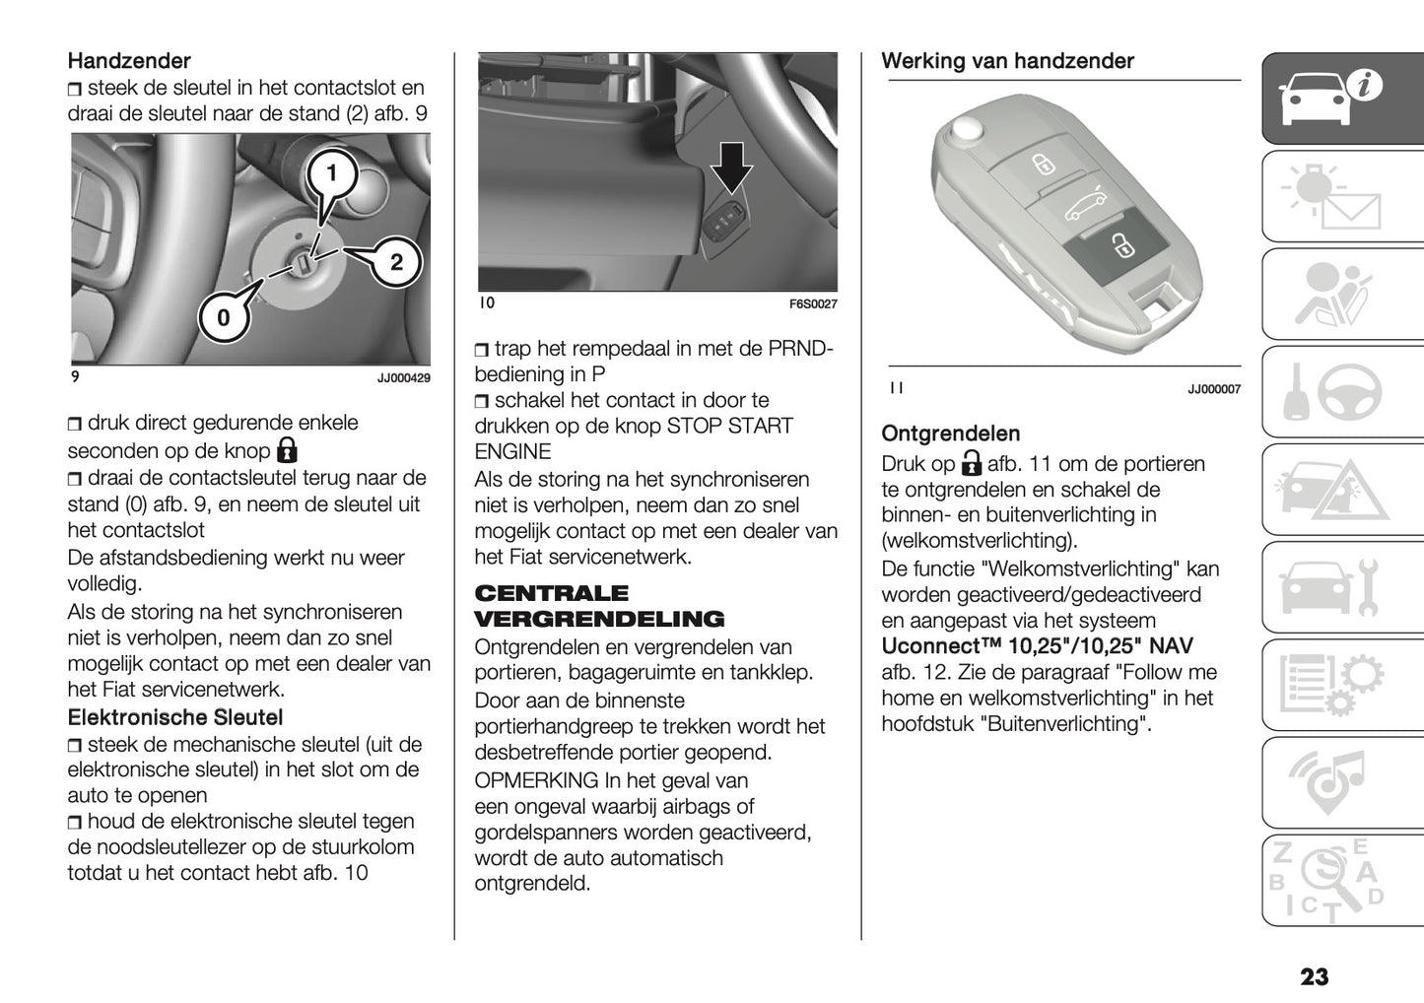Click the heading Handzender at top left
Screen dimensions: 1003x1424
click(129, 61)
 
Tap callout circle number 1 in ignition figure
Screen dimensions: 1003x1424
click(332, 174)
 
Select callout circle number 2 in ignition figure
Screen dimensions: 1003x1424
click(396, 262)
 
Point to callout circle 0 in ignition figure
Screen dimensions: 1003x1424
click(224, 317)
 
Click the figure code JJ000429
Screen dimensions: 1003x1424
click(403, 378)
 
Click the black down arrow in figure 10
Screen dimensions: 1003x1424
click(731, 167)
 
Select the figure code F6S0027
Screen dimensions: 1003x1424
click(812, 304)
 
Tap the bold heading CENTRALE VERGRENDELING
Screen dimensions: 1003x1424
click(599, 606)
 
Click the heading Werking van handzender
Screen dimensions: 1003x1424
click(1007, 61)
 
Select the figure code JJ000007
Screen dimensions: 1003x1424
click(1213, 390)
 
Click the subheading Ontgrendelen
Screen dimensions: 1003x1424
click(950, 434)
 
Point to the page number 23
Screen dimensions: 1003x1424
click(1314, 976)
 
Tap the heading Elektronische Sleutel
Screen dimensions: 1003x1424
click(174, 717)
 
